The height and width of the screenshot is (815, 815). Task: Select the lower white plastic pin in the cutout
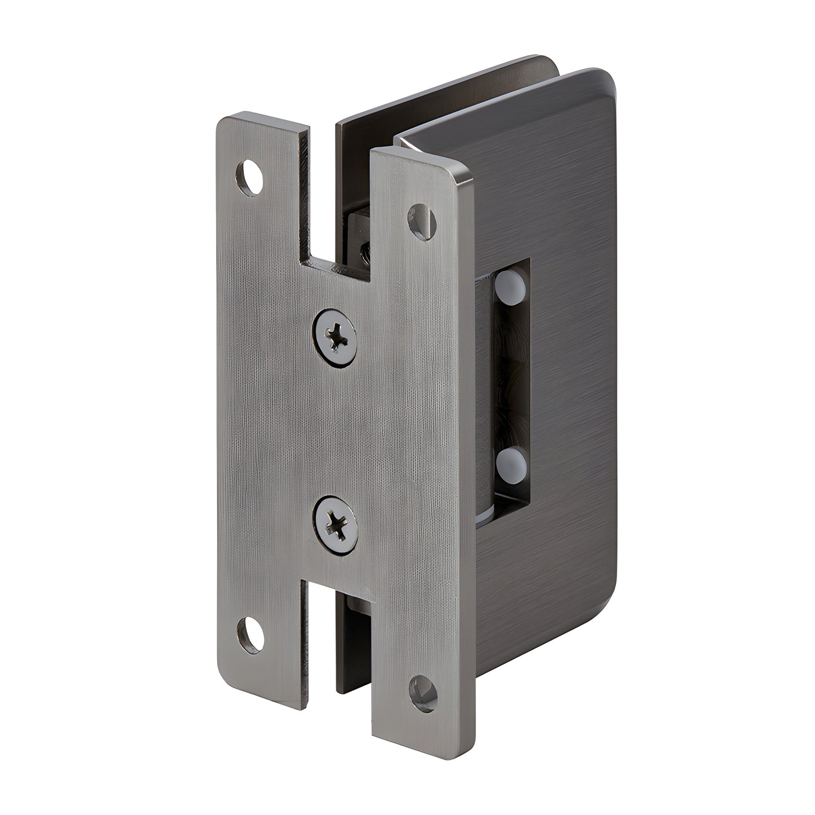tap(512, 462)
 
